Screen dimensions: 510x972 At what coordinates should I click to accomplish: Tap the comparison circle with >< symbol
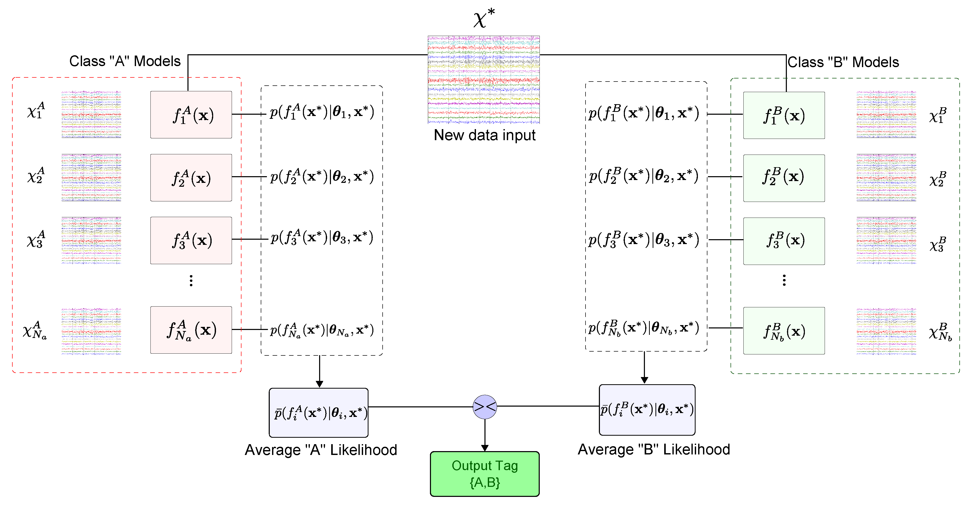click(484, 407)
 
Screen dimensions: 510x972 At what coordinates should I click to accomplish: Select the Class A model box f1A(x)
click(191, 114)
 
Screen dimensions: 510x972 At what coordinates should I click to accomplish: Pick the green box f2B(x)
click(784, 178)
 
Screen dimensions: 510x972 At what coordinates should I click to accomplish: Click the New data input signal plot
click(484, 80)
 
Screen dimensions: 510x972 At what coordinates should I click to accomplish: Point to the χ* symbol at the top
click(484, 18)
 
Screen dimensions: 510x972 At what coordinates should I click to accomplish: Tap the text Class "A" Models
click(125, 61)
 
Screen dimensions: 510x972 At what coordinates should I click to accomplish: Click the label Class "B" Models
click(843, 62)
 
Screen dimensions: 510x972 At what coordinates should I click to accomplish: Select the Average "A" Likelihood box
click(318, 413)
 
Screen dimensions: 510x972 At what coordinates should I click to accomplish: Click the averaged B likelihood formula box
click(647, 410)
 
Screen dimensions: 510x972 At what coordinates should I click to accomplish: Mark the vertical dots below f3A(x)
click(191, 281)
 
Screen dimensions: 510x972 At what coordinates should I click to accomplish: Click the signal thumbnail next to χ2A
click(91, 177)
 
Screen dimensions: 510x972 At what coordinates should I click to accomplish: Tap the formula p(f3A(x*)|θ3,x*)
click(321, 237)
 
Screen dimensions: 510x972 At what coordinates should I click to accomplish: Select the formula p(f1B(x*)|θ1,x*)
click(644, 113)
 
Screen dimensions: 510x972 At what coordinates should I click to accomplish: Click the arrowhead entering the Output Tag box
click(484, 448)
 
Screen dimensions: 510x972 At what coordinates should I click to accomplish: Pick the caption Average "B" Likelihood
click(654, 449)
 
